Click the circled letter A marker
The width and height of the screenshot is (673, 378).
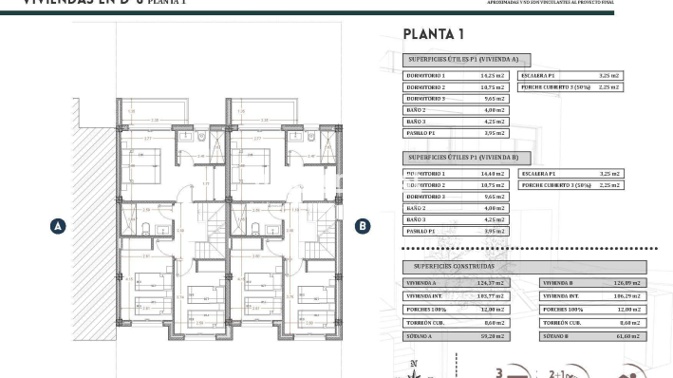point(58,226)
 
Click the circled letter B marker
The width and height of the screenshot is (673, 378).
point(362,226)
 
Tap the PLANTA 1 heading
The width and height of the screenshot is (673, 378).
point(433,35)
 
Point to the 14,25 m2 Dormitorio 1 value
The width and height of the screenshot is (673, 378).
point(493,75)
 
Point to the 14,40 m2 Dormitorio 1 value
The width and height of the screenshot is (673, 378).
point(493,174)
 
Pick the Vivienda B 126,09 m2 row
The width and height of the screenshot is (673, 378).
point(591,283)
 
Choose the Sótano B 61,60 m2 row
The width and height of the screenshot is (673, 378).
point(591,336)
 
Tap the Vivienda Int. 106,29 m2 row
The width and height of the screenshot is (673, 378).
point(591,296)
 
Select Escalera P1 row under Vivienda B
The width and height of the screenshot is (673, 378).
point(570,174)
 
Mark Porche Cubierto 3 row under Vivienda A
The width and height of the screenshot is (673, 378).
point(570,86)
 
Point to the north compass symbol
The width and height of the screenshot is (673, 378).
point(412,369)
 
